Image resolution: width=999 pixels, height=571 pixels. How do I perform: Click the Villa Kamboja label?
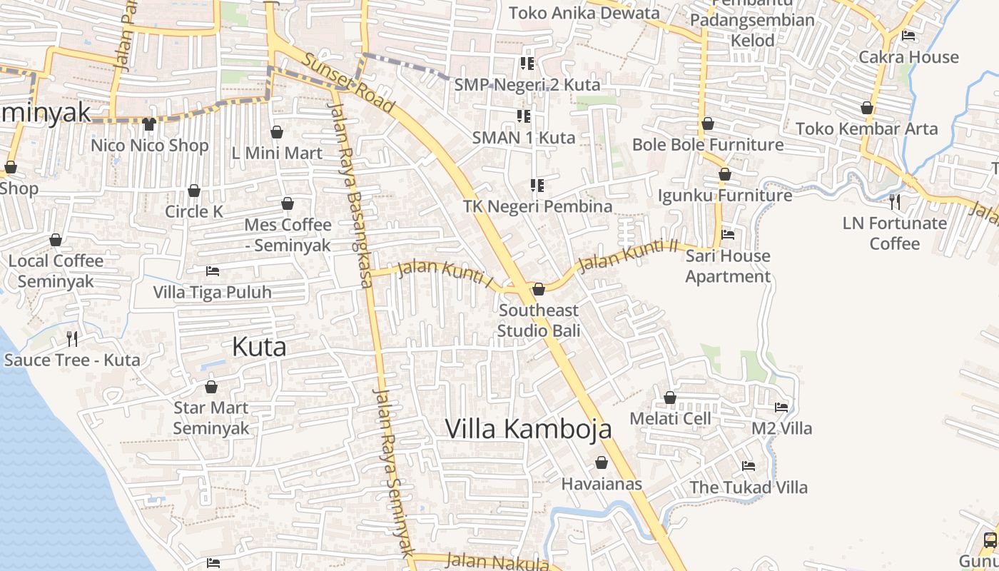[x=528, y=428]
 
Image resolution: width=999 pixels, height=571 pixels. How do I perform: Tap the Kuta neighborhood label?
[x=260, y=347]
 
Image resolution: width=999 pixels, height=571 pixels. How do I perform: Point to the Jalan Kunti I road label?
[x=445, y=274]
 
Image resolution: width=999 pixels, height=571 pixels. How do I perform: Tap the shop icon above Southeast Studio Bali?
[x=539, y=289]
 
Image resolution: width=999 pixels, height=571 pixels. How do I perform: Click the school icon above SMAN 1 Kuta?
[x=524, y=116]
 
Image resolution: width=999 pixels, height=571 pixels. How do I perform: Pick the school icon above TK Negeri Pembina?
[x=537, y=186]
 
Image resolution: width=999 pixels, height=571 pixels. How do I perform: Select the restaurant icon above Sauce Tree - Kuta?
[x=71, y=338]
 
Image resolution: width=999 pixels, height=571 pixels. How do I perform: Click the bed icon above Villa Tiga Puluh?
[x=212, y=271]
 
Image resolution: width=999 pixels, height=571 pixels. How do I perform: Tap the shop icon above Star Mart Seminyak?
[x=211, y=387]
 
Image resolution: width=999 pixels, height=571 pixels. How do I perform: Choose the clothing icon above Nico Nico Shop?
[x=148, y=124]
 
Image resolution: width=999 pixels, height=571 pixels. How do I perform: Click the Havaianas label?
[x=602, y=484]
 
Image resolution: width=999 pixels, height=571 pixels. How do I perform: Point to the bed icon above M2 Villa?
[x=781, y=408]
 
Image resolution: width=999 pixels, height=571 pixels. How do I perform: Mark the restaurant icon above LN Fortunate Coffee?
[x=895, y=202]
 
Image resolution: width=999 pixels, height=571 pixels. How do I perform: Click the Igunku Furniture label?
[x=724, y=196]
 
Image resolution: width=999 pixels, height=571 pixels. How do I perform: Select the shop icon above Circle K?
[x=193, y=191]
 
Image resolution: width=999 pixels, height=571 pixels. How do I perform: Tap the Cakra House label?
[x=908, y=57]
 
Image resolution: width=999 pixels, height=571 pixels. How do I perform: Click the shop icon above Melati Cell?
[x=670, y=398]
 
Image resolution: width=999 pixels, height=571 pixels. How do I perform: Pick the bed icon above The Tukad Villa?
[x=748, y=466]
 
